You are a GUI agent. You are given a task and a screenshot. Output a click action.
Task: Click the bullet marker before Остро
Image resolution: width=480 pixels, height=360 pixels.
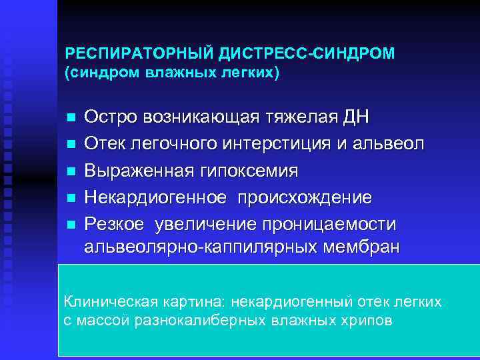coord(70,119)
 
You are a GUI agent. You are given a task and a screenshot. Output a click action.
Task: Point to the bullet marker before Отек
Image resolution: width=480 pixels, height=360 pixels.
coord(70,144)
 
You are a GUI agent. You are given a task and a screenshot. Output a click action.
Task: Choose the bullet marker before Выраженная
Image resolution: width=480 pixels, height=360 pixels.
coord(70,170)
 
